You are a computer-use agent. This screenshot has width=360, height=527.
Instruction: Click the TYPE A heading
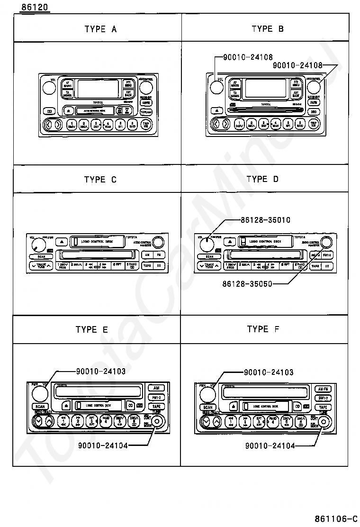tap(100, 29)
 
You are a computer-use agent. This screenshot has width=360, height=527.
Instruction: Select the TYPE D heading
tap(263, 179)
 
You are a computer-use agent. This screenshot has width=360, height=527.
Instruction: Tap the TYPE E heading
tap(92, 330)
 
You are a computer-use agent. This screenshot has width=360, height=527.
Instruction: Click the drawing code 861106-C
tap(335, 518)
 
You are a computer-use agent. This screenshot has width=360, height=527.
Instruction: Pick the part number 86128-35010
tap(265, 220)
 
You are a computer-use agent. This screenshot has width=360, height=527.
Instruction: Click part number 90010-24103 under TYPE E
tap(100, 372)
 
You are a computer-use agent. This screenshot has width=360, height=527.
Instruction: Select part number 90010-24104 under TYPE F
tap(270, 446)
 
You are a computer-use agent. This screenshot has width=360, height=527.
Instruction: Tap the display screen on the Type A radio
tap(98, 89)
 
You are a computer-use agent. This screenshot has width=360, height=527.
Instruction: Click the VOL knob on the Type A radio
tap(48, 88)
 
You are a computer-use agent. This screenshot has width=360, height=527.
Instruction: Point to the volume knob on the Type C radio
tap(36, 245)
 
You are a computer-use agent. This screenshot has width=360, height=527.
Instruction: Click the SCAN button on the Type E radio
tap(40, 406)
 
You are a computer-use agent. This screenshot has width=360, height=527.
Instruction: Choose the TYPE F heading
tap(263, 329)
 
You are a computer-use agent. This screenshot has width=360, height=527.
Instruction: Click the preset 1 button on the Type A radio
tap(72, 125)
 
